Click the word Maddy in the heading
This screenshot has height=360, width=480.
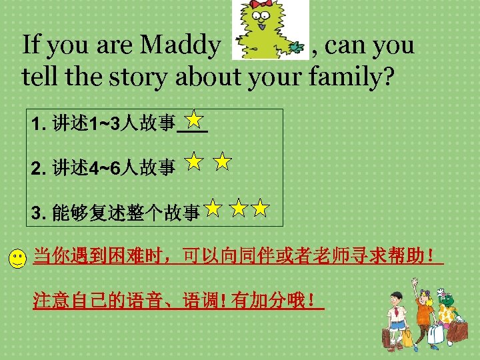click(179, 46)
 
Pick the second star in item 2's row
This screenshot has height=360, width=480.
click(223, 161)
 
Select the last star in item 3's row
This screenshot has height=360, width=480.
click(260, 209)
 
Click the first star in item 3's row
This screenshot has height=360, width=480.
click(213, 209)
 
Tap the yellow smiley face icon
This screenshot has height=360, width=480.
click(18, 259)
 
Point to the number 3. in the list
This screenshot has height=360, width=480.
click(39, 213)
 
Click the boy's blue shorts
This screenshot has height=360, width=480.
click(399, 324)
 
